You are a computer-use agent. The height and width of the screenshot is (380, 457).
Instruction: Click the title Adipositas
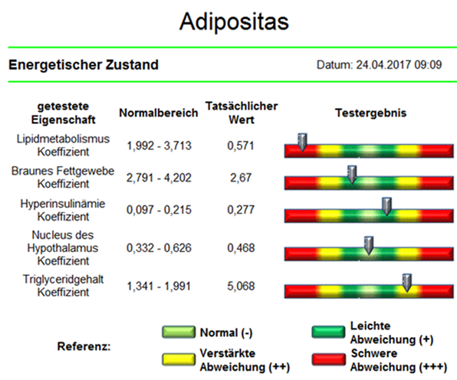pos(234,22)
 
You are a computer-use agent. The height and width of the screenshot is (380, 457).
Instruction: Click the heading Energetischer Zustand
pos(84,64)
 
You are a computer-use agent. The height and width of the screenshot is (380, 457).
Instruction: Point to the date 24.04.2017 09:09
pos(399,64)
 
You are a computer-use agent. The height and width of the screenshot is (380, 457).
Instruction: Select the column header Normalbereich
pos(159,113)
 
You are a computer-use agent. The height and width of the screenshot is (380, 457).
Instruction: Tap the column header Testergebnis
pos(370,113)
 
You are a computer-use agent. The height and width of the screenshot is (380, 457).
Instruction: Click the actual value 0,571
pos(241,146)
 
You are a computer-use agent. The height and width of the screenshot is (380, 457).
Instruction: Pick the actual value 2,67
pos(241,178)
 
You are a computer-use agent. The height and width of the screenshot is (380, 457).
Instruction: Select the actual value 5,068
pos(241,286)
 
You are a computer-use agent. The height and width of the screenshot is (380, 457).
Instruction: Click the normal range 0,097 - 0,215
pos(159,210)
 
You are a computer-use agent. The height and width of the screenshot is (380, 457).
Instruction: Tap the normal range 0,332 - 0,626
pos(159,247)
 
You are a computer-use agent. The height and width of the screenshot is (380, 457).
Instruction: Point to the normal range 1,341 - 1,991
pos(159,286)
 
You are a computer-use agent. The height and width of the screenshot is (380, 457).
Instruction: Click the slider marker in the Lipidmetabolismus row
pos(303,142)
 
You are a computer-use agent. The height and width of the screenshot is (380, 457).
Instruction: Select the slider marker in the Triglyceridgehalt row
pos(407,283)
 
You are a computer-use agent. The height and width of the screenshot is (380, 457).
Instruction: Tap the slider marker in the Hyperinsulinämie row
pos(386,206)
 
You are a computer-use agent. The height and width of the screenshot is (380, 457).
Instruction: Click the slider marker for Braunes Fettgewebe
pos(352,175)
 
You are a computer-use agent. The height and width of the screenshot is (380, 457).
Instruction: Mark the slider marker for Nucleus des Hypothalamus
pos(369,245)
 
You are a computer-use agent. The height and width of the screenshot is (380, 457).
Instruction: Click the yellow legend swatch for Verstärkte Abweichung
pos(179,359)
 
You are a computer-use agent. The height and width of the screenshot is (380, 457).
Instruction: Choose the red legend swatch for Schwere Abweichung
pos(328,359)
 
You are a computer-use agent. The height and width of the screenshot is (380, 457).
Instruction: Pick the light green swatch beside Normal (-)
pos(179,332)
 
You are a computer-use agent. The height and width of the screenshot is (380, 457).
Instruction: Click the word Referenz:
pos(84,346)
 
